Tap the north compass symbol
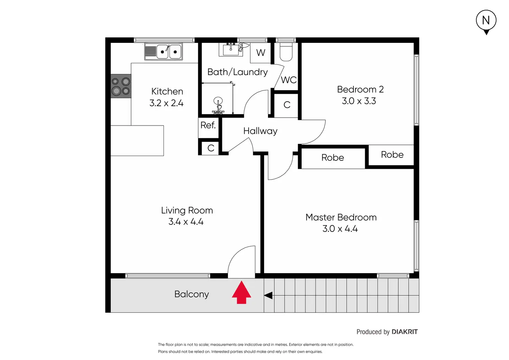[486, 21]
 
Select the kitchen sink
[164, 52]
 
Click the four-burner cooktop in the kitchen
[121, 86]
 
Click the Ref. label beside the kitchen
[208, 125]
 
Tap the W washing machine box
[261, 53]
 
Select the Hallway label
[260, 131]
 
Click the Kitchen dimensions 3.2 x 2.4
[166, 103]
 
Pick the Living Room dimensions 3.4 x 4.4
[186, 222]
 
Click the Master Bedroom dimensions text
[340, 229]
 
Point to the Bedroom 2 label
[360, 90]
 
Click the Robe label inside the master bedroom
[333, 158]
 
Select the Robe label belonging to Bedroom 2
[392, 155]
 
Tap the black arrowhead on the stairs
[268, 296]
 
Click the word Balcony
[192, 294]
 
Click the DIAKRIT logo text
[405, 332]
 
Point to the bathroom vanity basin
[231, 50]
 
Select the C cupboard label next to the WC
[287, 105]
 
